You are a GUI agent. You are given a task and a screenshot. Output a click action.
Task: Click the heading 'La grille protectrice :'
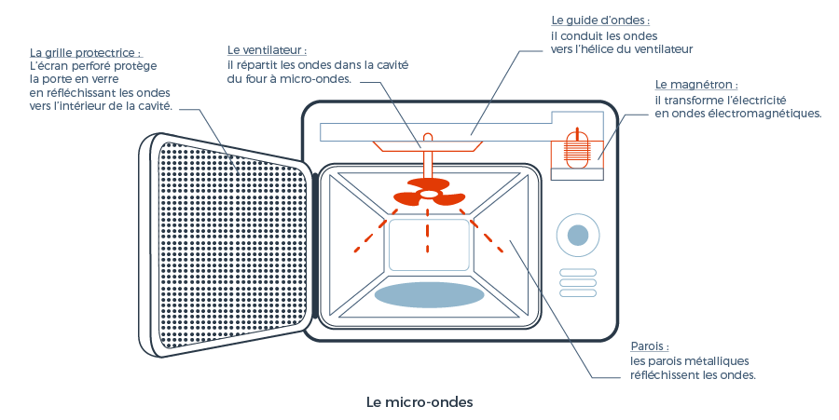[x=86, y=52]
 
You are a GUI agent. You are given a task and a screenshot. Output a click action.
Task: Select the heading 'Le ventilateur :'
[x=267, y=49]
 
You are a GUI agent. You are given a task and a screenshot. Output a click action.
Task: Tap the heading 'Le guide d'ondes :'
[x=600, y=20]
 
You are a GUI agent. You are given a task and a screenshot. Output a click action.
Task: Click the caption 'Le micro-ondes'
[x=419, y=402]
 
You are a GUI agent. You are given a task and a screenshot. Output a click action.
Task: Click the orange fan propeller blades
[x=428, y=197]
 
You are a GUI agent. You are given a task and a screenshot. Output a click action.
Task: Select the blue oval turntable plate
[x=429, y=294]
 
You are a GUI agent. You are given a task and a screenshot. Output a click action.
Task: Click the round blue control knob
[x=578, y=236]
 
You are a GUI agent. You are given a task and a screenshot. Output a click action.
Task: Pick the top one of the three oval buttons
[x=577, y=273]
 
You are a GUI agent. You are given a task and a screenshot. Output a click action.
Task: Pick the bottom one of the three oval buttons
[x=577, y=293]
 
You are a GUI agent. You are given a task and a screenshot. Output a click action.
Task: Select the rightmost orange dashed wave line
[x=488, y=237]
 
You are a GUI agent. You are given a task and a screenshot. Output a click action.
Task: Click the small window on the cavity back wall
[x=428, y=245]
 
